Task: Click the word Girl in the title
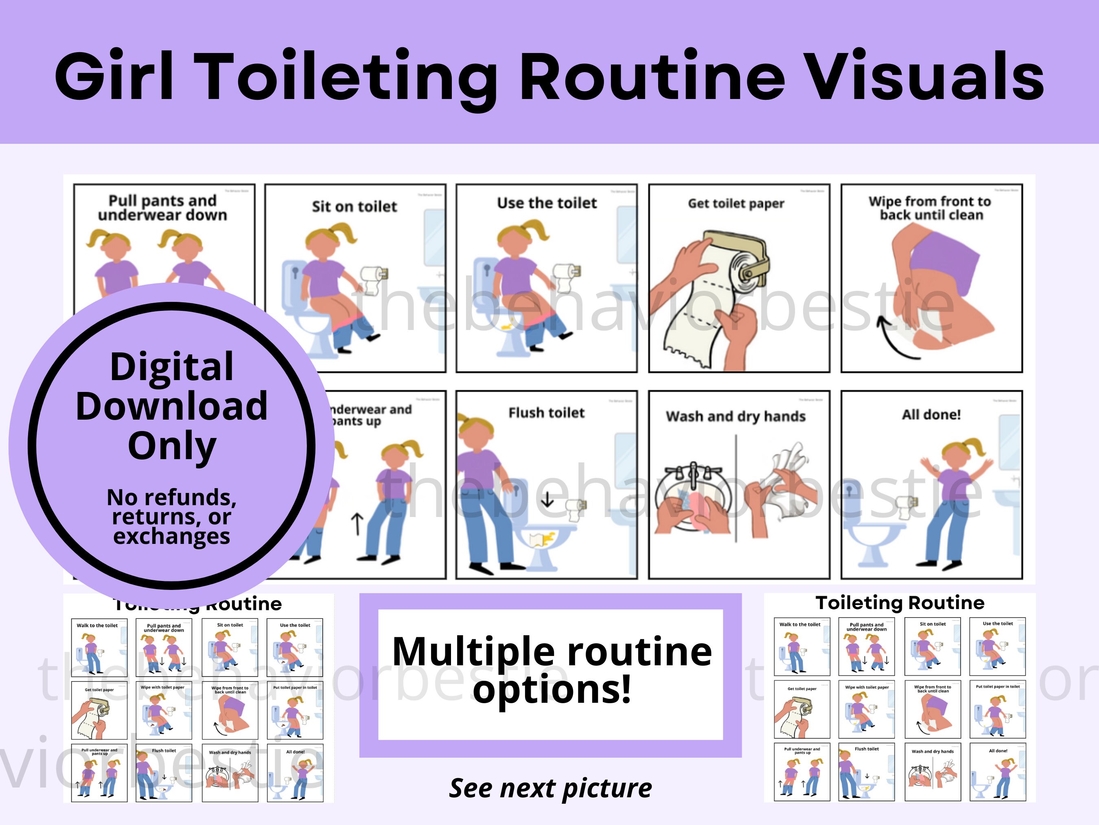click(x=114, y=77)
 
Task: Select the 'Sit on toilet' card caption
click(x=354, y=207)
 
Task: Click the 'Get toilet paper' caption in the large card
click(x=736, y=203)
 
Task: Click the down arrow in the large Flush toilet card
click(x=547, y=499)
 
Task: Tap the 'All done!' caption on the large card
click(x=931, y=414)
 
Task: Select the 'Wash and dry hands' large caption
click(x=736, y=416)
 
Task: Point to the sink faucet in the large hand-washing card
click(x=694, y=475)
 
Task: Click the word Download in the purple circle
click(x=171, y=406)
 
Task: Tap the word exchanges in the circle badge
click(x=171, y=536)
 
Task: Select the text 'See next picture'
click(x=550, y=788)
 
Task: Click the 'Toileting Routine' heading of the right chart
click(x=900, y=603)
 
